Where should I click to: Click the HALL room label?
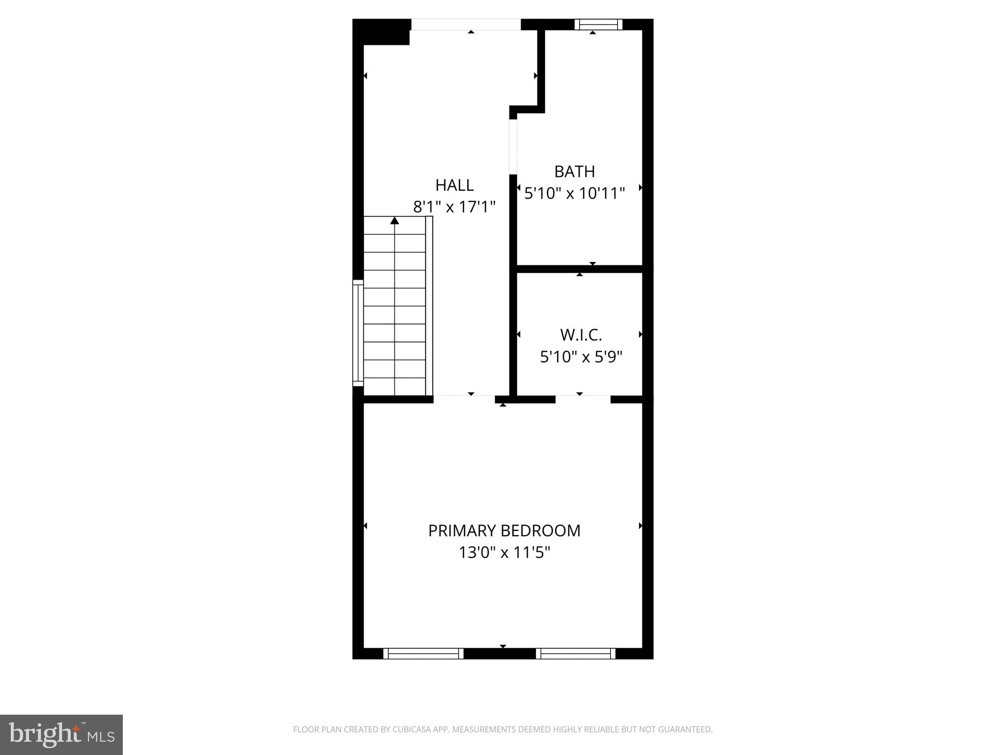pyautogui.click(x=454, y=185)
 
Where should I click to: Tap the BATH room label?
pyautogui.click(x=574, y=172)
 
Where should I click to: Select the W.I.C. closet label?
pyautogui.click(x=581, y=335)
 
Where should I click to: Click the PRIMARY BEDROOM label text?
pyautogui.click(x=504, y=531)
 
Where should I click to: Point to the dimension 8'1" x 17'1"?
pyautogui.click(x=454, y=207)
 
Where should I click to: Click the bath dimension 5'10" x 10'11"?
pyautogui.click(x=574, y=194)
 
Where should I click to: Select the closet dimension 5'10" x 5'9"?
pyautogui.click(x=581, y=356)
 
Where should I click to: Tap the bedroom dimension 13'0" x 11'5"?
pyautogui.click(x=504, y=553)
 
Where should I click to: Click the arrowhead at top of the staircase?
pyautogui.click(x=394, y=221)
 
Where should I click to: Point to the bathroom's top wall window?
pyautogui.click(x=598, y=24)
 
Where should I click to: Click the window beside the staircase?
pyautogui.click(x=358, y=333)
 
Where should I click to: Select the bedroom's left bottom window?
pyautogui.click(x=423, y=653)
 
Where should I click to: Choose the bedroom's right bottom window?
pyautogui.click(x=575, y=653)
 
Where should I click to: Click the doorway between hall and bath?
pyautogui.click(x=513, y=146)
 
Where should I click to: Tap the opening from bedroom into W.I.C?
pyautogui.click(x=583, y=399)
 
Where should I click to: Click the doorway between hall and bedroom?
pyautogui.click(x=464, y=399)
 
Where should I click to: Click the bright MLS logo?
pyautogui.click(x=61, y=734)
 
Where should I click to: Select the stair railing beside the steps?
pyautogui.click(x=429, y=305)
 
